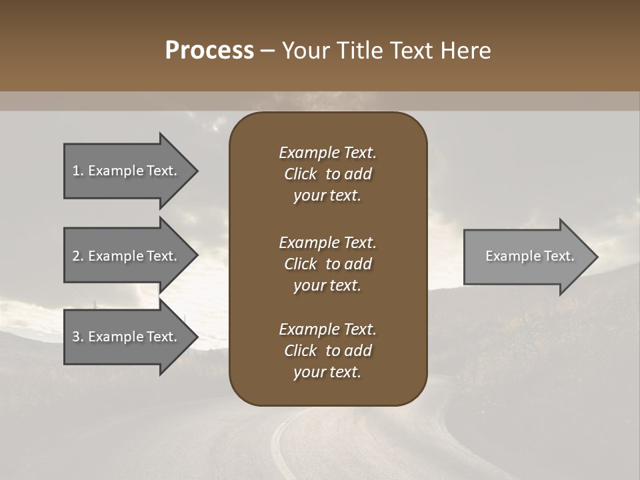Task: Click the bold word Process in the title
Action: coord(209,51)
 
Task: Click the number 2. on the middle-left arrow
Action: coord(78,256)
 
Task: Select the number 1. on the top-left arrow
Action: coord(78,171)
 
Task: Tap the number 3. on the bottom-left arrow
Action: coord(78,337)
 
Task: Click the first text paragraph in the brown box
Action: coord(327,174)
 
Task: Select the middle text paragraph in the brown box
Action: coord(327,263)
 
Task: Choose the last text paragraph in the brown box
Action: coord(327,351)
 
